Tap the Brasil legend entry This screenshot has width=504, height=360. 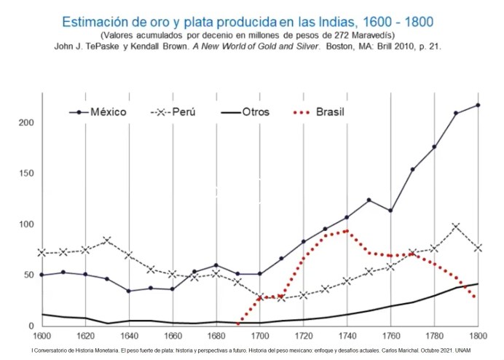[330, 112]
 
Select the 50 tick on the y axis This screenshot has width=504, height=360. [30, 275]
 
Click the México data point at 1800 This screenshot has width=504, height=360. [478, 105]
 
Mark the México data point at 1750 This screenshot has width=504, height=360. [369, 200]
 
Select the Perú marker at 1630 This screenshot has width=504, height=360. [107, 240]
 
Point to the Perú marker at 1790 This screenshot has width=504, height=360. [456, 227]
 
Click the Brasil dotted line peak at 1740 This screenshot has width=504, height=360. [347, 230]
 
